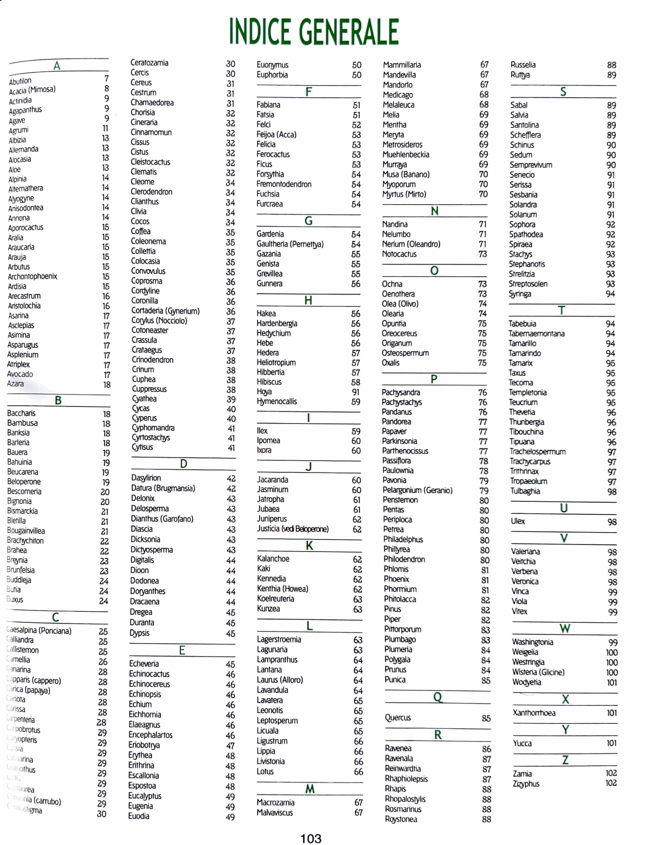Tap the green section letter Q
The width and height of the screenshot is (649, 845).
point(437,697)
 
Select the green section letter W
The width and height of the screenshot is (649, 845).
point(565,628)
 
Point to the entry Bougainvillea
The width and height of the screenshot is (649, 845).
point(26,530)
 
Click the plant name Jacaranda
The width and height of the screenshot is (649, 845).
point(272,479)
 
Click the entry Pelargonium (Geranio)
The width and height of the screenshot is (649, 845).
point(417,490)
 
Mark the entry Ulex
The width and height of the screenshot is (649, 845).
point(518,521)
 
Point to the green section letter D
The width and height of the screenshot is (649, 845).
point(184,464)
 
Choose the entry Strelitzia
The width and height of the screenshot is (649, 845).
point(522,274)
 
